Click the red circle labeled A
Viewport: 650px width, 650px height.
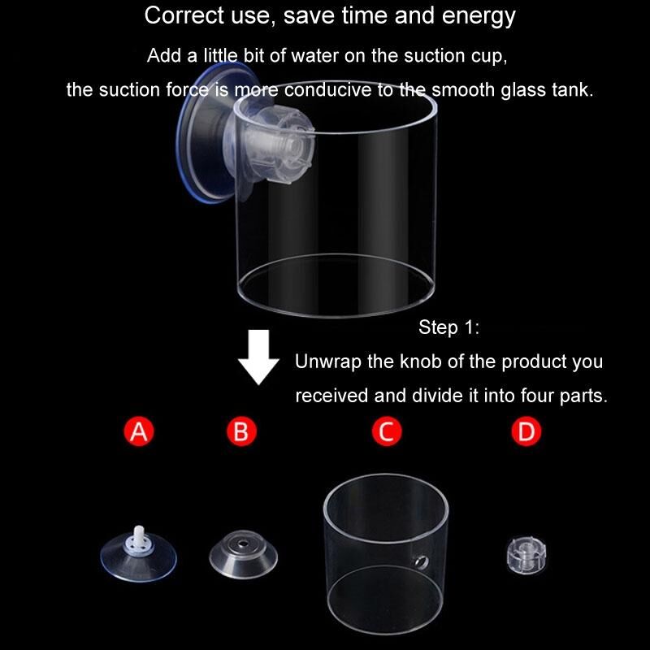tap(139, 431)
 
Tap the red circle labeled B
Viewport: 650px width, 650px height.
tap(241, 431)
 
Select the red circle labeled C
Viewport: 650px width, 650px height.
tap(387, 431)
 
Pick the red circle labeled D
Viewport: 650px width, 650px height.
tap(526, 431)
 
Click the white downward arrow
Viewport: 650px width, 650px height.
tap(258, 357)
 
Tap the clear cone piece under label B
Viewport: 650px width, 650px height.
tap(243, 554)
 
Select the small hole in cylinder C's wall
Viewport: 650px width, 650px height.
tap(422, 562)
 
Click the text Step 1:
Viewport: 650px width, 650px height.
tap(449, 327)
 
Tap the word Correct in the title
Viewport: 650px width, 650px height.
tap(184, 15)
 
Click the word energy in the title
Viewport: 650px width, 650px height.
tap(479, 16)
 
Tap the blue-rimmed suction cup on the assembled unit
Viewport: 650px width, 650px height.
tap(206, 132)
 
